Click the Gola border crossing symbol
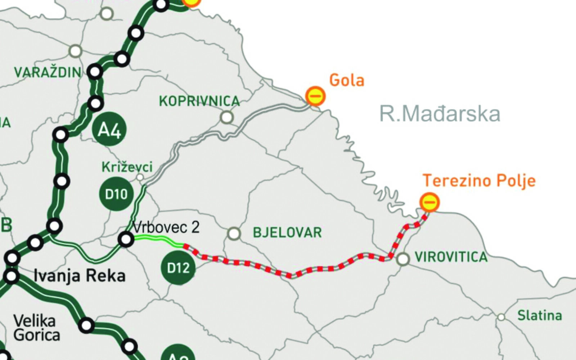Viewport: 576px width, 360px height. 315,96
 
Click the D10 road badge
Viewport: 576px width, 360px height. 116,194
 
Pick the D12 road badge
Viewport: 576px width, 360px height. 178,268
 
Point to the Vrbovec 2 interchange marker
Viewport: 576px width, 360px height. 126,239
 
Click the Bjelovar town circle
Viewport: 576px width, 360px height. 234,233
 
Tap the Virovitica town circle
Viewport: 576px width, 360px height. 403,258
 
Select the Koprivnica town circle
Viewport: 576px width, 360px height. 227,117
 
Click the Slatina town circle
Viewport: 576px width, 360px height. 501,317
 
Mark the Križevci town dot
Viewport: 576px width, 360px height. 140,177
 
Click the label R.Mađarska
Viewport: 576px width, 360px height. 440,114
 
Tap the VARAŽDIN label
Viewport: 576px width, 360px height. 48,72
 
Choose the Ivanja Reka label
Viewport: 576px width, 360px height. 80,276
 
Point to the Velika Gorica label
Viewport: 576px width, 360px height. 36,328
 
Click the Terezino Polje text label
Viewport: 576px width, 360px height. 479,180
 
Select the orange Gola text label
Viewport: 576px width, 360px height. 347,80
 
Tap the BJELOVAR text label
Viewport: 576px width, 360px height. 287,232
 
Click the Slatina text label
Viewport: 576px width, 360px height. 539,316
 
